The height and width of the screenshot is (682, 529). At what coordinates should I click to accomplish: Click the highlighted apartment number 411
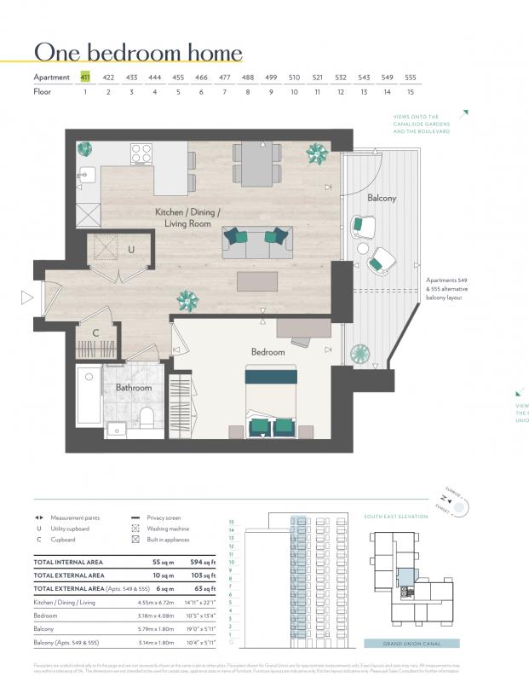pyautogui.click(x=85, y=77)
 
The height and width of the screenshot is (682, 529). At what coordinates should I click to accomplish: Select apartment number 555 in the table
pyautogui.click(x=411, y=77)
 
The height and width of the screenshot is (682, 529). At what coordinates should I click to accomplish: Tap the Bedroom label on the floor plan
pyautogui.click(x=267, y=351)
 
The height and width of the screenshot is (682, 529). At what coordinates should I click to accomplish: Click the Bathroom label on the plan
pyautogui.click(x=134, y=388)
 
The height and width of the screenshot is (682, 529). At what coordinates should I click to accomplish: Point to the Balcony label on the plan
pyautogui.click(x=381, y=198)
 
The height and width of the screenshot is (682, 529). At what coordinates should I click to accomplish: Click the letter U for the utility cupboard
pyautogui.click(x=130, y=250)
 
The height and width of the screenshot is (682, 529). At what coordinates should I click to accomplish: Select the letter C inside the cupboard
pyautogui.click(x=95, y=332)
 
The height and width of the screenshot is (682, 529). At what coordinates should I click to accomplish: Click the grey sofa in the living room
pyautogui.click(x=257, y=243)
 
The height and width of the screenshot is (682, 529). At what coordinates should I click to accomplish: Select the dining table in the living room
pyautogui.click(x=257, y=163)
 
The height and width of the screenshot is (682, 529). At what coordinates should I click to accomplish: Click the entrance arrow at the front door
pyautogui.click(x=27, y=298)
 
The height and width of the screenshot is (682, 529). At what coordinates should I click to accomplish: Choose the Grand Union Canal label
pyautogui.click(x=411, y=644)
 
